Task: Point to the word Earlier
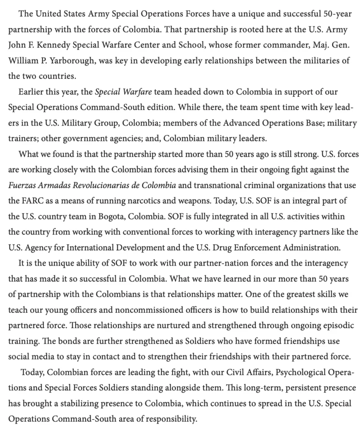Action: tap(32, 92)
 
